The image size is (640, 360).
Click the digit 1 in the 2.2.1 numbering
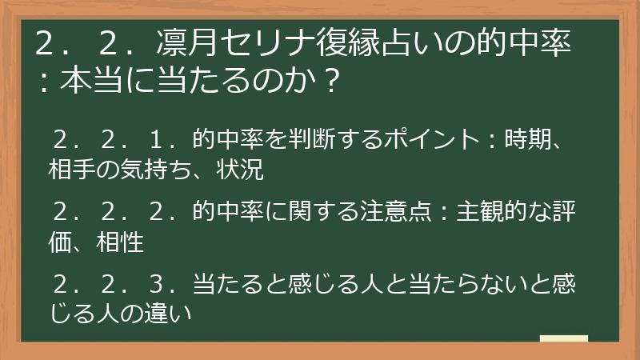(x=157, y=141)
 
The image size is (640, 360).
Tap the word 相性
(x=122, y=242)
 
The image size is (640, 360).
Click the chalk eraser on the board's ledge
(x=564, y=338)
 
